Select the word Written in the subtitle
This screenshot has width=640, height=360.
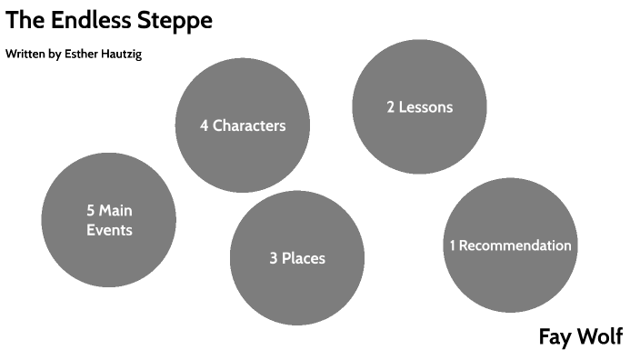pyautogui.click(x=25, y=55)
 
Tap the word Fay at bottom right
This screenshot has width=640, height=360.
pyautogui.click(x=555, y=337)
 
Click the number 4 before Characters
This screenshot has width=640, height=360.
pyautogui.click(x=205, y=125)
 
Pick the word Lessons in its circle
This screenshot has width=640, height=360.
pyautogui.click(x=426, y=107)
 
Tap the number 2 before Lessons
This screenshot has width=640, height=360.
pyautogui.click(x=391, y=107)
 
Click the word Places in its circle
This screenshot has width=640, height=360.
pyautogui.click(x=304, y=259)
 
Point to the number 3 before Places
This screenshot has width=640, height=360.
pyautogui.click(x=274, y=259)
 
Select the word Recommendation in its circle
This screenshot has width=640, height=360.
pyautogui.click(x=515, y=245)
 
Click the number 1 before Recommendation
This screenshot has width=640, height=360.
pyautogui.click(x=452, y=245)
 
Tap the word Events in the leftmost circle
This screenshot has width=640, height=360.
pyautogui.click(x=109, y=231)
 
